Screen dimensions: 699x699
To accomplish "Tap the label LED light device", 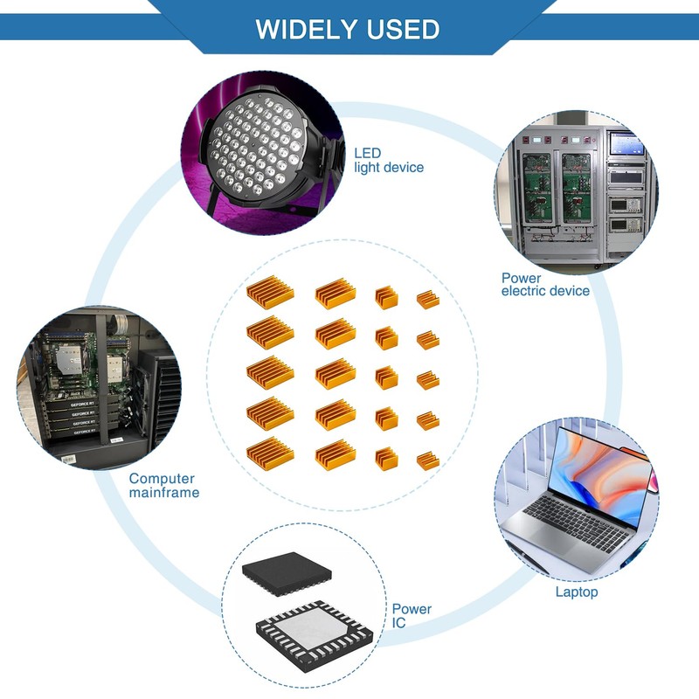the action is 389,160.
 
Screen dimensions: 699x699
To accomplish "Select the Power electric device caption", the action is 545,284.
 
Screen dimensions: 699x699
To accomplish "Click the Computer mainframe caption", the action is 163,485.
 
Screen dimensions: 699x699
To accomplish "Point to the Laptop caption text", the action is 577,592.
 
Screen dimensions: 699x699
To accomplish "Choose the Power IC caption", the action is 411,616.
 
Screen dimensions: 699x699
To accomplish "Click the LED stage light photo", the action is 260,157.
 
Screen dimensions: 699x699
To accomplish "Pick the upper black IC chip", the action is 287,573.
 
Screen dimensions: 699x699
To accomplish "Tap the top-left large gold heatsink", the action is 269,292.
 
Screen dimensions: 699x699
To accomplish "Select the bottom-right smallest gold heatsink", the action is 427,460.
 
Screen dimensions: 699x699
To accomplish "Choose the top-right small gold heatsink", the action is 427,299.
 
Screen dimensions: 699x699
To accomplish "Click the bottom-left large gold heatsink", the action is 269,452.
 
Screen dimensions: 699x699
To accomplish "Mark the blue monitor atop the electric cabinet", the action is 626,142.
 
